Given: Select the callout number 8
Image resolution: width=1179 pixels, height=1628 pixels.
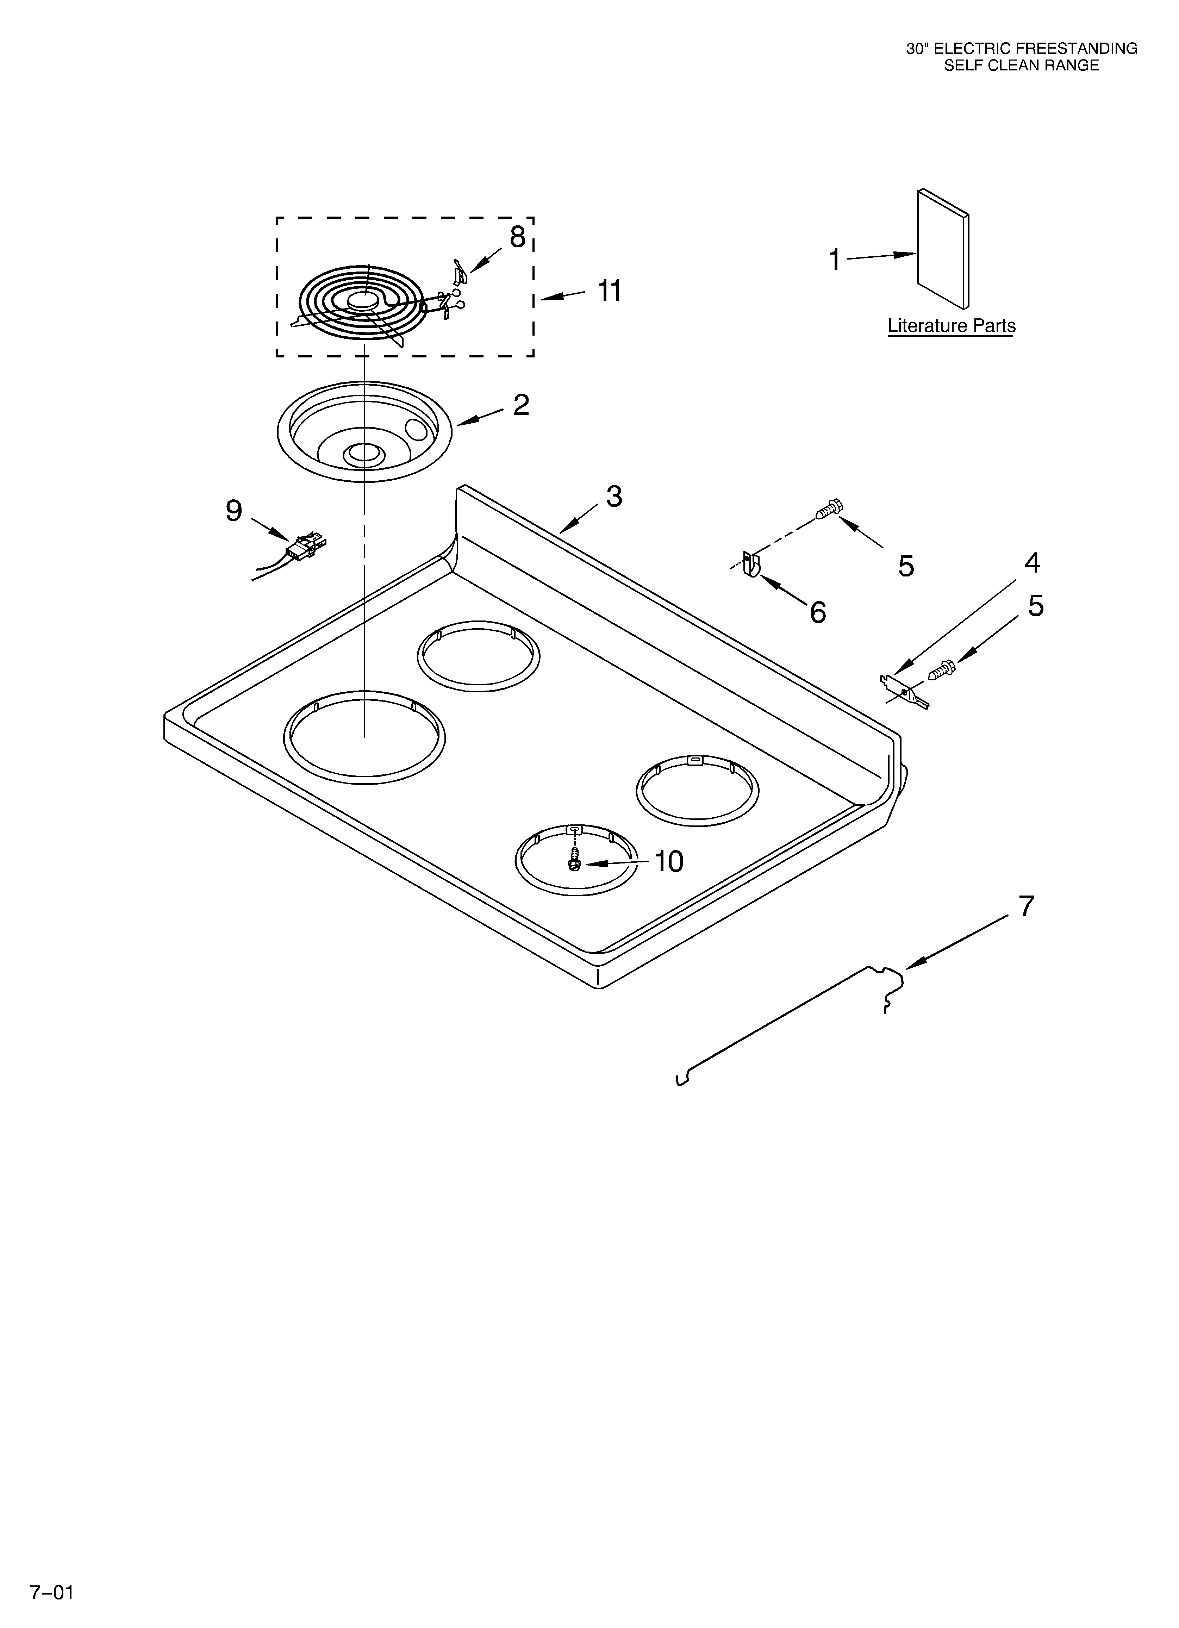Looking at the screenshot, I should (x=518, y=237).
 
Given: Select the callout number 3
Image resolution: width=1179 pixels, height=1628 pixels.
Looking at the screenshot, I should (x=614, y=496).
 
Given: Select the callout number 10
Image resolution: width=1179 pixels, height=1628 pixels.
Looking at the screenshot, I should (x=668, y=861).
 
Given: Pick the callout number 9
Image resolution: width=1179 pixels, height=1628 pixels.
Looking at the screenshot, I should (x=234, y=511).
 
